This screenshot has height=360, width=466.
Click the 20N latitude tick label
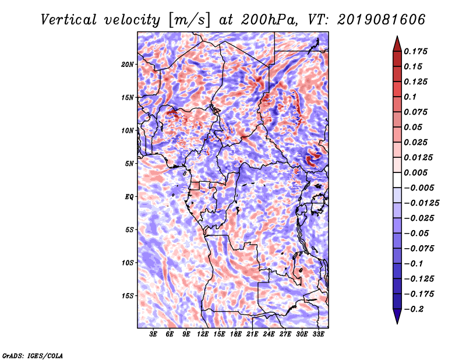128,65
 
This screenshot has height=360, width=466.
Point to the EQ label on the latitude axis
129,197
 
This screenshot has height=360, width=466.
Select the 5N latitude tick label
129,164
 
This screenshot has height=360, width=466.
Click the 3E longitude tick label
153,334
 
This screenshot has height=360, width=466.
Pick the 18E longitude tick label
236,334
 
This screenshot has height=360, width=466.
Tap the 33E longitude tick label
318,334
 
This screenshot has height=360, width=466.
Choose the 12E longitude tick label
203,334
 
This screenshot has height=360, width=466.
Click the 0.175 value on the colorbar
415,51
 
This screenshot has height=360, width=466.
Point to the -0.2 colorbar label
414,309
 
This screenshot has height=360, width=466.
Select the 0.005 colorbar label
415,172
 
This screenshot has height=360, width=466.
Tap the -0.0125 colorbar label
421,203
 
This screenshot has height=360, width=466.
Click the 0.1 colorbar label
410,97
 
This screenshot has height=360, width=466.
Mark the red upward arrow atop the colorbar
397,44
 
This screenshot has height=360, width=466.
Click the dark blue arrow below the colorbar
397,316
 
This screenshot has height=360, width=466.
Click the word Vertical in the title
69,20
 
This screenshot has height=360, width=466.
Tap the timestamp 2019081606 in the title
382,20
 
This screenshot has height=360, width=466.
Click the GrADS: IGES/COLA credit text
33,355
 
